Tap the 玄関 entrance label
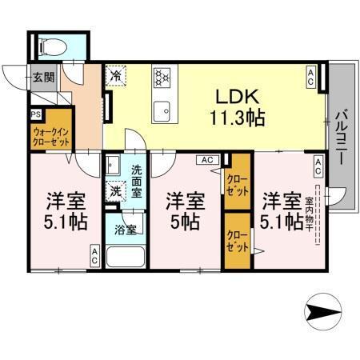(43, 78)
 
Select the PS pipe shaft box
(35, 114)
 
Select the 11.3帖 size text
(236, 118)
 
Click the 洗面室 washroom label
(137, 181)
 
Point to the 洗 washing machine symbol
(117, 192)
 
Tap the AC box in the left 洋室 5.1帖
(94, 255)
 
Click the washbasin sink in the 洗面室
(113, 166)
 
